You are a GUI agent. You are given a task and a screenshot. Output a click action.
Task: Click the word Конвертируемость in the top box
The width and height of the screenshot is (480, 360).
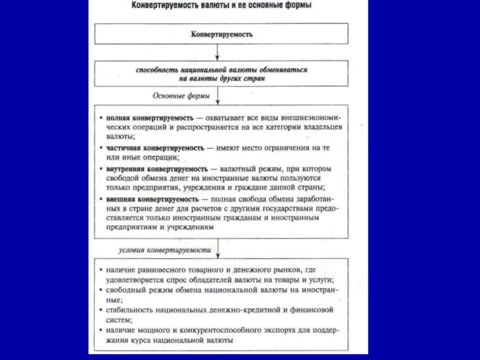click(x=221, y=34)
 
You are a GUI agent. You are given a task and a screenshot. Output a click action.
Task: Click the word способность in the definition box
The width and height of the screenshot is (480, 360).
click(x=157, y=70)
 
